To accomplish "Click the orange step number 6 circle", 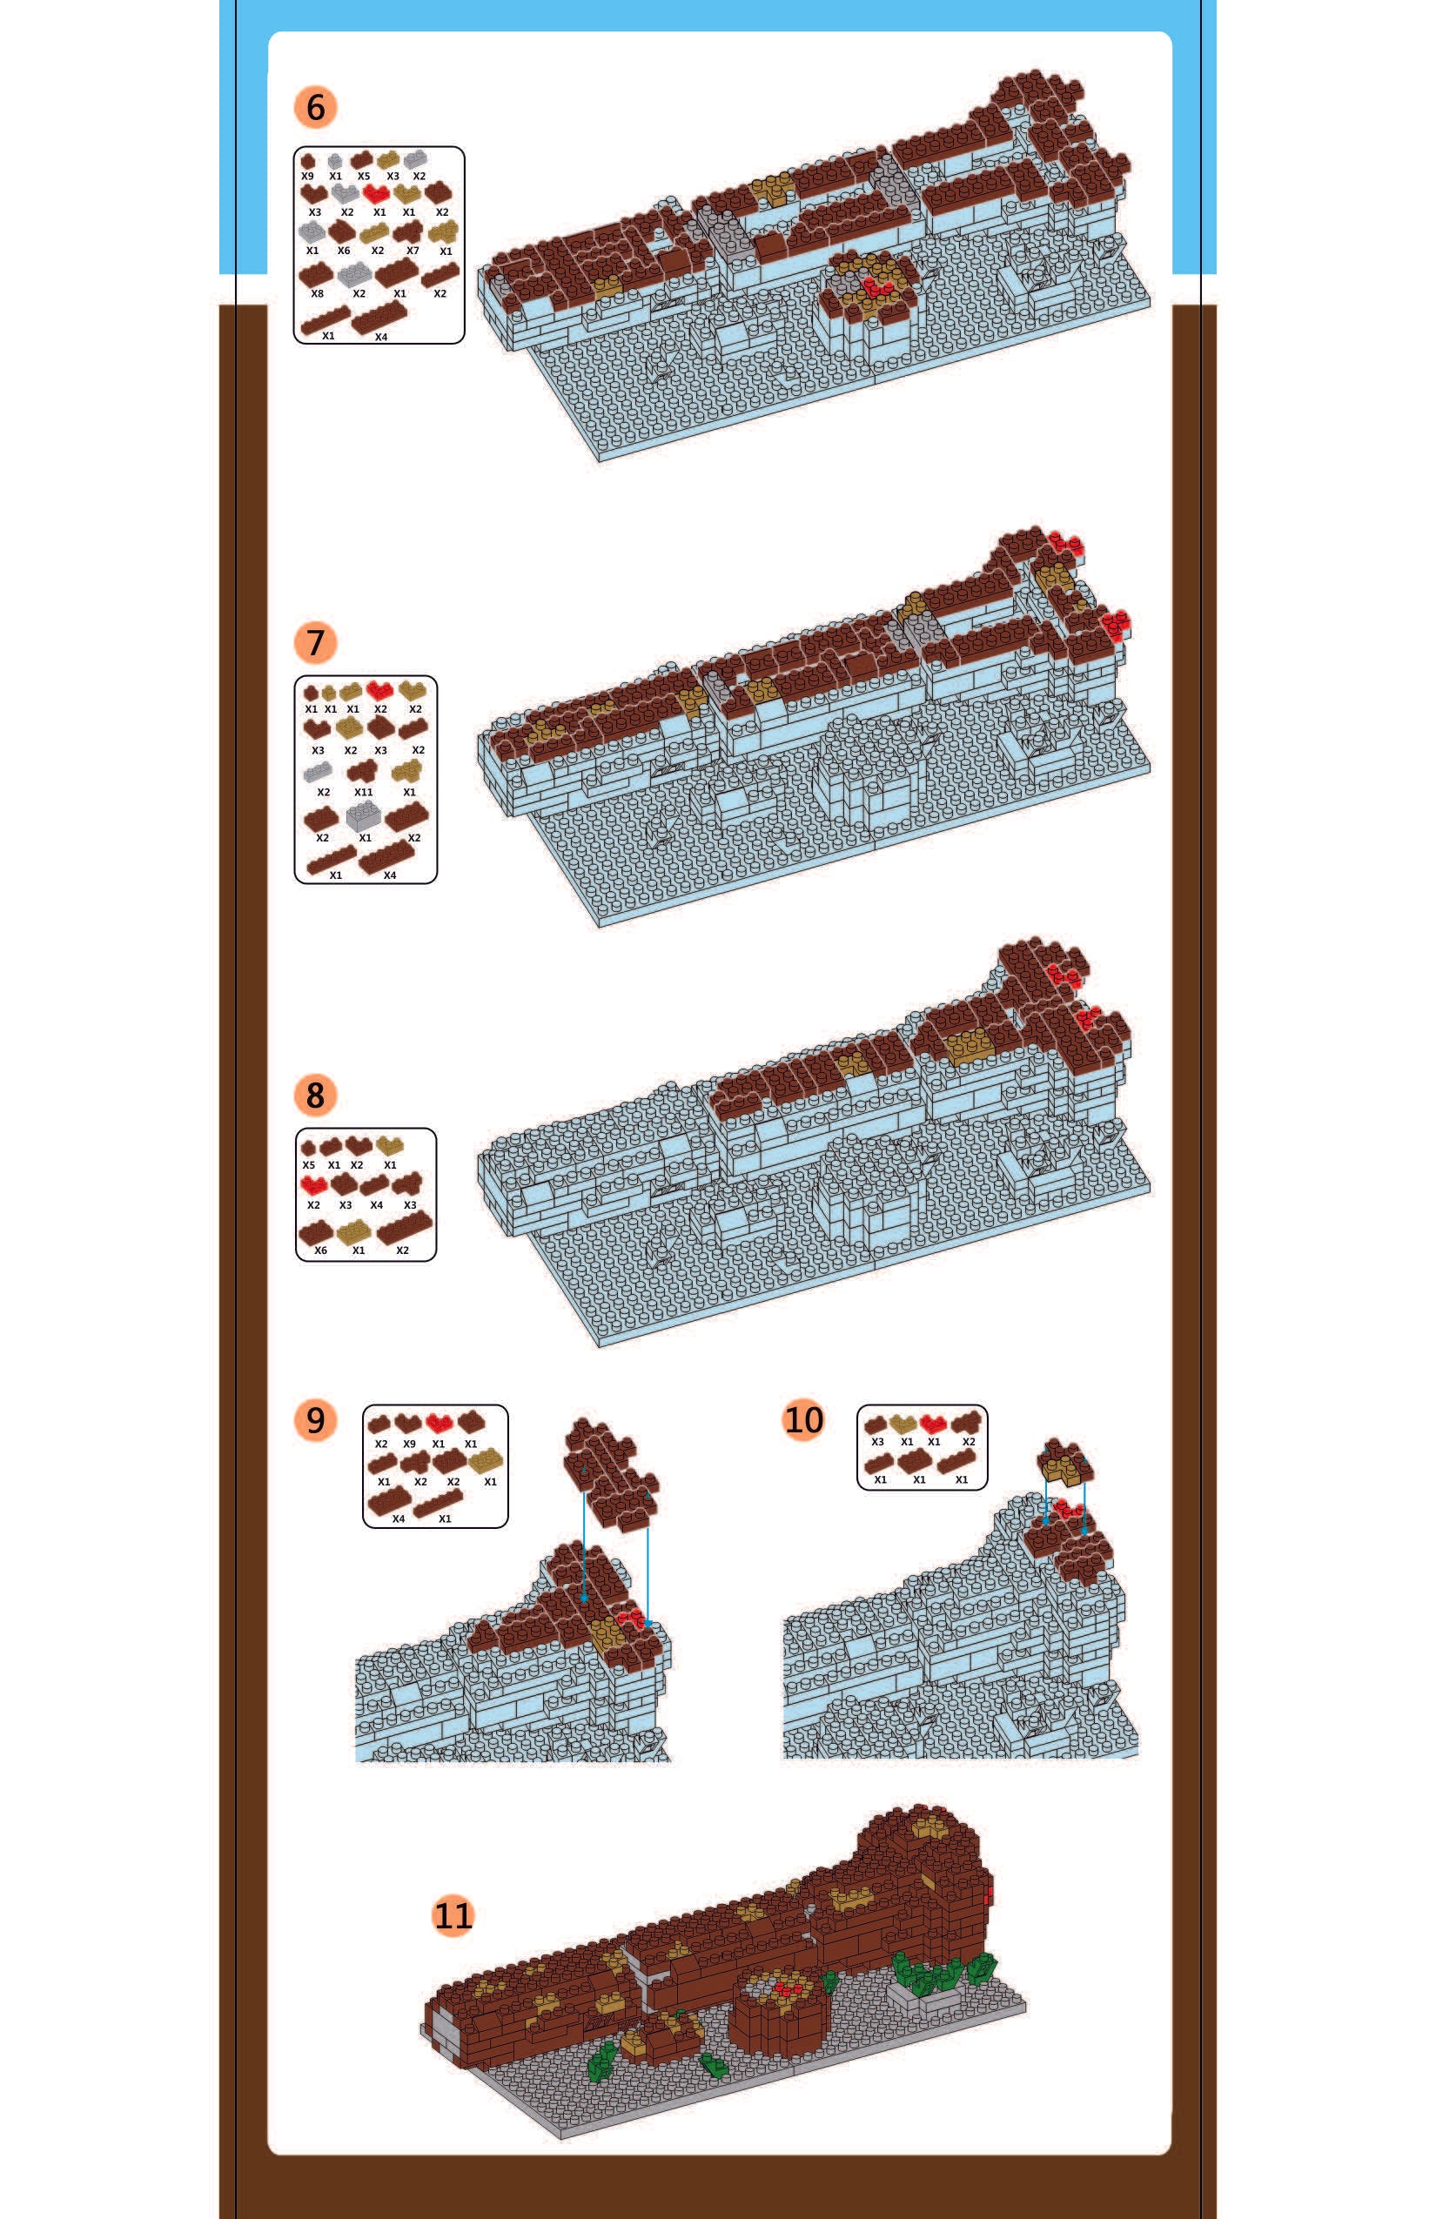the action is (315, 107).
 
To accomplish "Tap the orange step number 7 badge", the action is (315, 642).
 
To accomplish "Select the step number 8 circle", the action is (315, 1095).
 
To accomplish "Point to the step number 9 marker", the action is (315, 1420).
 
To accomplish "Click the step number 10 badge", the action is (804, 1420).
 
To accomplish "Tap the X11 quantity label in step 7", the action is (364, 793).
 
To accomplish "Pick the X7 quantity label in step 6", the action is (413, 251).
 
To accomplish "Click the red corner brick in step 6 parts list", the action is (377, 193).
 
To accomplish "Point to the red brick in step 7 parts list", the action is (379, 691).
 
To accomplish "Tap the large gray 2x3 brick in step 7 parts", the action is (364, 816).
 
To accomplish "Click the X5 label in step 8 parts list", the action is (309, 1165).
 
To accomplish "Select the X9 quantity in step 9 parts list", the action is (409, 1445).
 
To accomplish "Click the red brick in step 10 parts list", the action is (933, 1424).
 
